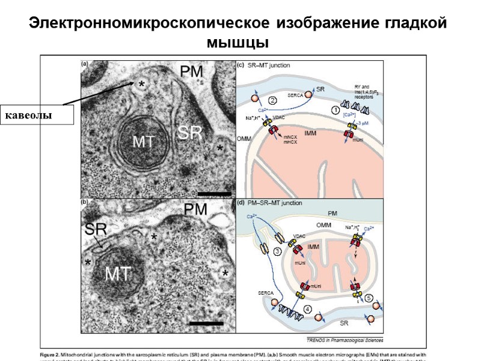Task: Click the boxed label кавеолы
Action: pos(37,114)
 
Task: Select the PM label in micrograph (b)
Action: pos(195,210)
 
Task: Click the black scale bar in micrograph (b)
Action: pos(206,324)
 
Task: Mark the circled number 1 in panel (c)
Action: pos(335,110)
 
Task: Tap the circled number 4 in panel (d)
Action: pos(307,310)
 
